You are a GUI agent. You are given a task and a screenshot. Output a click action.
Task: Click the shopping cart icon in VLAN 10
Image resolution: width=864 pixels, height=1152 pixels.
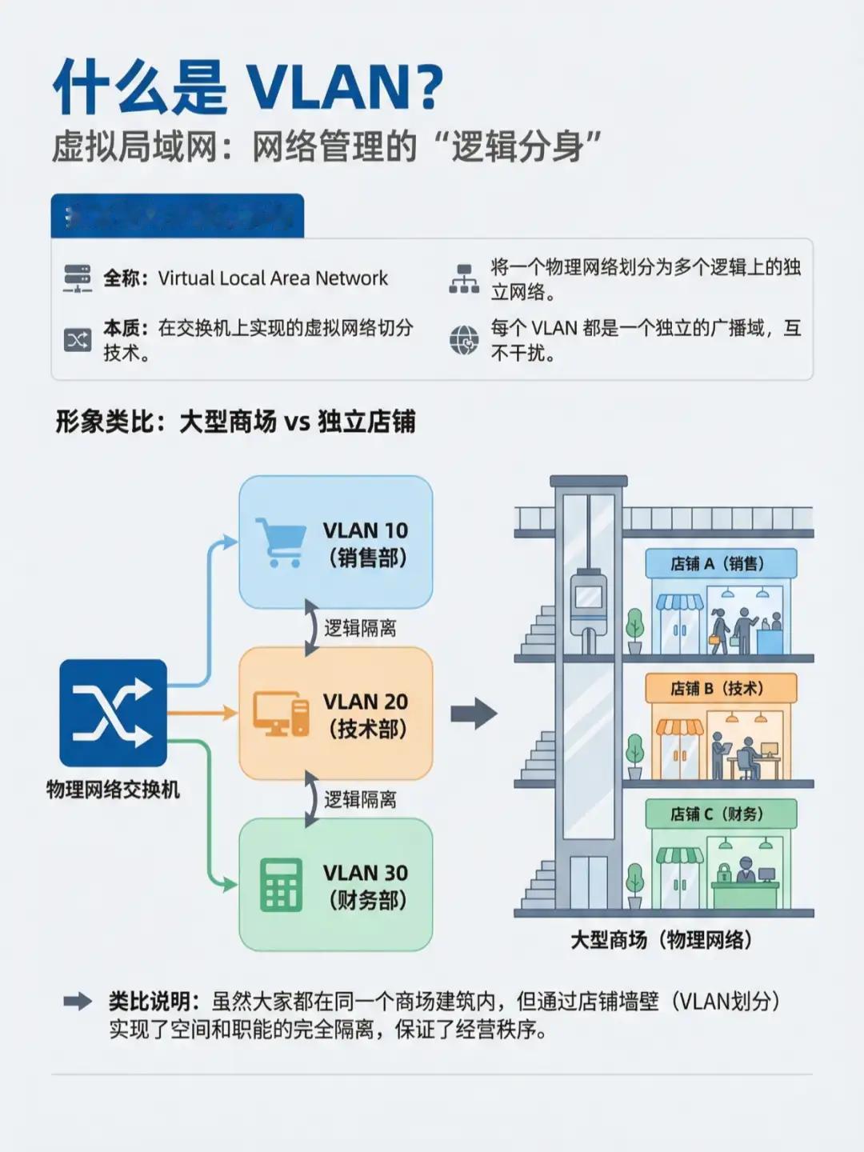pos(280,542)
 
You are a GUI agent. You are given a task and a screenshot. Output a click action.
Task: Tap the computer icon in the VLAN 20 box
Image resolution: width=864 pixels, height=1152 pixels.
pos(281,714)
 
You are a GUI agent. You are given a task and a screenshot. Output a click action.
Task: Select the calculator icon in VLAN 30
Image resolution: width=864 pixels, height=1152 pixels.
pos(281,885)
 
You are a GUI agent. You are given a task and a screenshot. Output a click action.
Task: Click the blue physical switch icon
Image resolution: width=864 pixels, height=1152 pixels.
pos(113,713)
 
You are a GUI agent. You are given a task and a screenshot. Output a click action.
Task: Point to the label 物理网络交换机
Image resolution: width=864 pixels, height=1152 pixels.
pos(113,790)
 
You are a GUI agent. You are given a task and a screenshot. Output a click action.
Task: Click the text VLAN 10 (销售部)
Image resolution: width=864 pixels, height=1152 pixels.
pos(366,544)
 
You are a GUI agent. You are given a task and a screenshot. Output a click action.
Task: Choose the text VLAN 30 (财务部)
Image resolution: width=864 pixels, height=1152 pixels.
pos(366,886)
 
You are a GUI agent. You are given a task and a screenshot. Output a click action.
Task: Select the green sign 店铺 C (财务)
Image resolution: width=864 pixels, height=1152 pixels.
pos(717,814)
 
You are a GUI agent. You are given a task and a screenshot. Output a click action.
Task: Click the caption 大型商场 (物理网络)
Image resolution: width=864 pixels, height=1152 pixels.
pos(661,939)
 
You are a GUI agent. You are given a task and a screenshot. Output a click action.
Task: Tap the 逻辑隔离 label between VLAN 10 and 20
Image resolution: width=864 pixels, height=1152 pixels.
pos(360,628)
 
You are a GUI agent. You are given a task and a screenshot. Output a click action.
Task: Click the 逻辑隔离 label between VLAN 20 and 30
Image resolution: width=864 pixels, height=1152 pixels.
pos(360,799)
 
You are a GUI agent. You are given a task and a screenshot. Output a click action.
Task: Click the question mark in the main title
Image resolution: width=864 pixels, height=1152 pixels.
pos(429,88)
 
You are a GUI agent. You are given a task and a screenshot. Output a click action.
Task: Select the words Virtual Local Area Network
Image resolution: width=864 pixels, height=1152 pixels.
pos(273,278)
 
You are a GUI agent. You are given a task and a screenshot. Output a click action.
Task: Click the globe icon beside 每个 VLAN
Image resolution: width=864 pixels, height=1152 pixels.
pos(463,340)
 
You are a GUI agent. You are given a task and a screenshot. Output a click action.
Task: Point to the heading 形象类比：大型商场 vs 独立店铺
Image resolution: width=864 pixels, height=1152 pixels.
pos(235,421)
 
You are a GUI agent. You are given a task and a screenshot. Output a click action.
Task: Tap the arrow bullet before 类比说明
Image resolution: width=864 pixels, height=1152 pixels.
pos(78,1002)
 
